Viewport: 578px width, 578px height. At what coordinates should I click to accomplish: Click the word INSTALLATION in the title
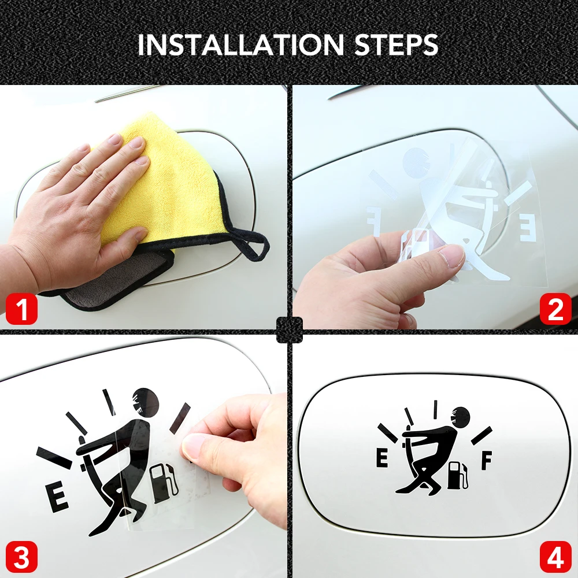pyautogui.click(x=241, y=45)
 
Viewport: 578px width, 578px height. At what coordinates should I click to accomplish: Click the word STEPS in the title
pyautogui.click(x=397, y=45)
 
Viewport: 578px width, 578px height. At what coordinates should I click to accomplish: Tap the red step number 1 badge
pyautogui.click(x=21, y=309)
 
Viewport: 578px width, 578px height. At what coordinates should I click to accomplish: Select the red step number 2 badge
pyautogui.click(x=555, y=309)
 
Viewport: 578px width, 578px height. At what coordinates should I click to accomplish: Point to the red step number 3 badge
pyautogui.click(x=21, y=557)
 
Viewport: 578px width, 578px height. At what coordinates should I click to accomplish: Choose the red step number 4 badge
pyautogui.click(x=555, y=557)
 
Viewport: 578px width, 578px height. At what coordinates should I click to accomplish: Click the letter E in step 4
pyautogui.click(x=382, y=459)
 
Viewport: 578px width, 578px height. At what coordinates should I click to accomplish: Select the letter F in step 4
pyautogui.click(x=487, y=461)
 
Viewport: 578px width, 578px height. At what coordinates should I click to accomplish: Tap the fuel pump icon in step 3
pyautogui.click(x=164, y=483)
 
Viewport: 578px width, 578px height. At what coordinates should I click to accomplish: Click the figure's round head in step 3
pyautogui.click(x=146, y=402)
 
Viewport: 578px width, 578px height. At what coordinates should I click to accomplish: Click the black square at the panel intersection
pyautogui.click(x=290, y=329)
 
